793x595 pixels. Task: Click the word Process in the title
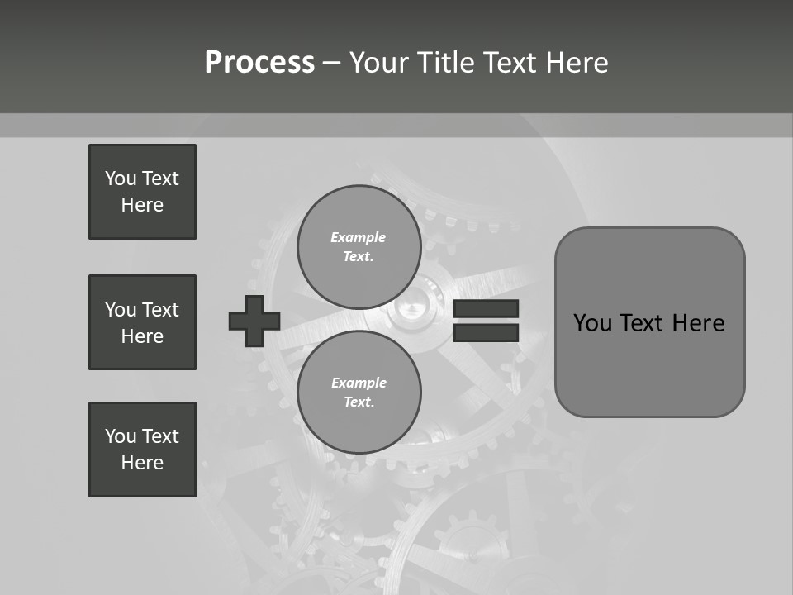coord(259,63)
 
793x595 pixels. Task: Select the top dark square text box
coord(142,192)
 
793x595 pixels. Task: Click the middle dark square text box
coord(142,322)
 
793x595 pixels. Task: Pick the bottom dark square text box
coord(142,450)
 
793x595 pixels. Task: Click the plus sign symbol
coord(254,321)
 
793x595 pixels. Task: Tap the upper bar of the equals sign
coord(486,309)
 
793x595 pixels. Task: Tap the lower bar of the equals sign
coord(486,333)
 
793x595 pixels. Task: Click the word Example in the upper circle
coord(359,237)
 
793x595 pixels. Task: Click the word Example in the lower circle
coord(359,383)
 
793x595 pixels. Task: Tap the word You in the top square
coord(121,178)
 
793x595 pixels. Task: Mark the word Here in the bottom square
coord(142,463)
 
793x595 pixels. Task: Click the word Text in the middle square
coord(160,310)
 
